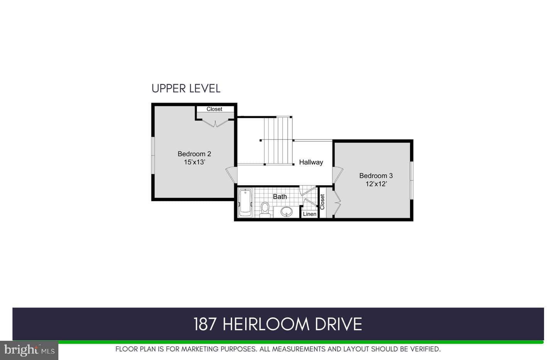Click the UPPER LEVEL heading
[x=186, y=88]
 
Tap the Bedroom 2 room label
[x=194, y=154]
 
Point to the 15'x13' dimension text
[x=194, y=162]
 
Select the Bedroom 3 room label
[x=376, y=176]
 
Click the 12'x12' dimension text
[x=376, y=184]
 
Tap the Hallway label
[x=311, y=162]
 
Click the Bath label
[x=280, y=197]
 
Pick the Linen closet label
[x=310, y=214]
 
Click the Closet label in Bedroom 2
[x=214, y=109]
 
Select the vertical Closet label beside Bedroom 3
[x=322, y=202]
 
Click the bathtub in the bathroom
[x=245, y=203]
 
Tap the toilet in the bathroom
[x=265, y=210]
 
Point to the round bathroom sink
[x=286, y=212]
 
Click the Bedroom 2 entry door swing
[x=232, y=175]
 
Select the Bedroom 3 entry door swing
[x=337, y=175]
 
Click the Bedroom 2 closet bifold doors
[x=215, y=123]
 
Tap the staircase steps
[x=278, y=141]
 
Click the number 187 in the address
[x=205, y=324]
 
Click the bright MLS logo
[x=29, y=350]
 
